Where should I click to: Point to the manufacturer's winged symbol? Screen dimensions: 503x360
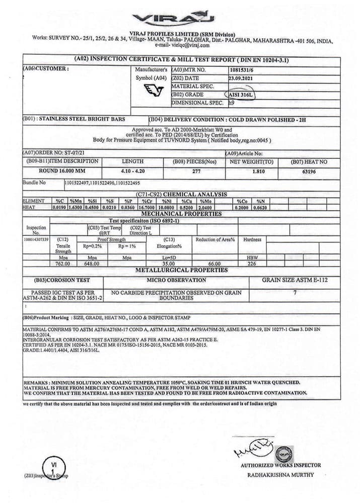click(x=154, y=91)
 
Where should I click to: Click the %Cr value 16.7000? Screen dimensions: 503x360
click(x=146, y=207)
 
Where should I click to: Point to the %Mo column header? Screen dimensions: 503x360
click(x=204, y=201)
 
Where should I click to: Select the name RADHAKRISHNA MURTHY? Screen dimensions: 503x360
click(x=280, y=474)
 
